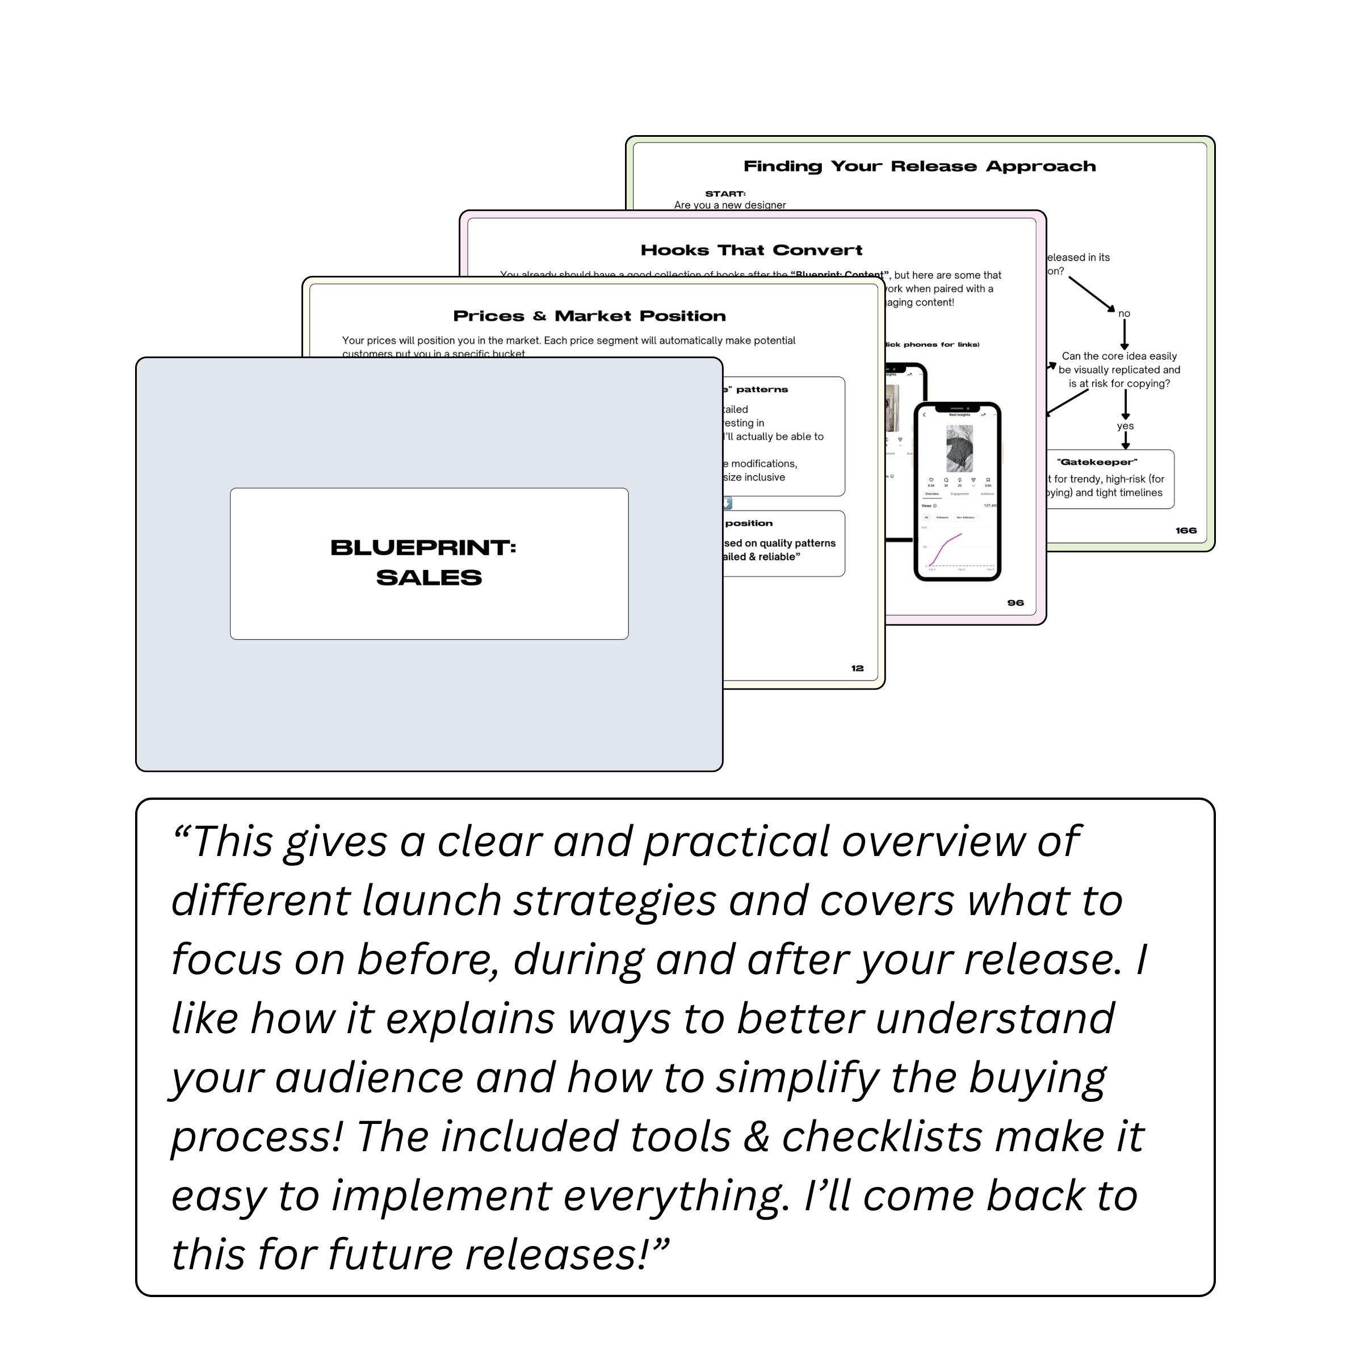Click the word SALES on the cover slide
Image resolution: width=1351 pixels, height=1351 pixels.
429,578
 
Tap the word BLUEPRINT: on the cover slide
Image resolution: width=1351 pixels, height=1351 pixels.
423,548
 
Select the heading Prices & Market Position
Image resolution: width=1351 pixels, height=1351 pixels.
589,316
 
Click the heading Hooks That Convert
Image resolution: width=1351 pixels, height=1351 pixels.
751,250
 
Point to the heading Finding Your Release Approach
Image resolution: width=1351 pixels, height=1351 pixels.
919,166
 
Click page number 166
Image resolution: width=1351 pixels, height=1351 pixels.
1185,531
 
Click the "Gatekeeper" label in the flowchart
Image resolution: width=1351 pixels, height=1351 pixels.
1097,462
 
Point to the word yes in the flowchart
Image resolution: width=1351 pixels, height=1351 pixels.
1125,426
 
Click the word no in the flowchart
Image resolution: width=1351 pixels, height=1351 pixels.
1124,313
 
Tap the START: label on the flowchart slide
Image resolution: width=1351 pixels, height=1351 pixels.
725,194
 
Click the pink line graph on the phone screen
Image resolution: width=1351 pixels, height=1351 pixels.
946,549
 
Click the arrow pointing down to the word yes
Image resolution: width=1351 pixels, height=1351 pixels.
1125,404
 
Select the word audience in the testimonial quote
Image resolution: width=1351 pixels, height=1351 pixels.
368,1077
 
